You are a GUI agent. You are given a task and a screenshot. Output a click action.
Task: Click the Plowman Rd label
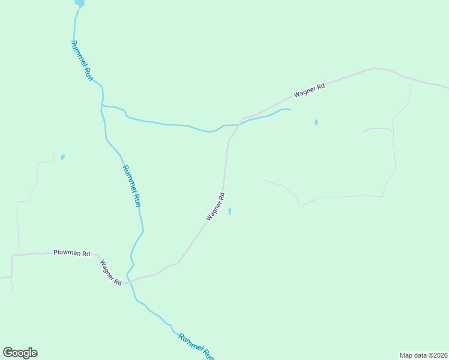pyautogui.click(x=71, y=254)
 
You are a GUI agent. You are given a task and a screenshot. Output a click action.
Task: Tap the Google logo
pyautogui.click(x=20, y=353)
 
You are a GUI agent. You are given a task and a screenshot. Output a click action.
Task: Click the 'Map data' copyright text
pyautogui.click(x=423, y=355)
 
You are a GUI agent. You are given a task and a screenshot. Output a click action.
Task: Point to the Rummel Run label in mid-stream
pyautogui.click(x=132, y=186)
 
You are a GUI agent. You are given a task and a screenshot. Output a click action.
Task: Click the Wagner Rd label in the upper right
pyautogui.click(x=309, y=91)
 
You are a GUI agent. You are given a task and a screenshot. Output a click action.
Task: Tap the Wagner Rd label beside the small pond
pyautogui.click(x=215, y=206)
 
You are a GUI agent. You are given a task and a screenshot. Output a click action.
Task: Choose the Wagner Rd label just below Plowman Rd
pyautogui.click(x=111, y=272)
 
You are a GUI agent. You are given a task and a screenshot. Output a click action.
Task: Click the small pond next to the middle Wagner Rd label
pyautogui.click(x=229, y=211)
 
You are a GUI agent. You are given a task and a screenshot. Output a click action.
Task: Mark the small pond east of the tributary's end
pyautogui.click(x=316, y=122)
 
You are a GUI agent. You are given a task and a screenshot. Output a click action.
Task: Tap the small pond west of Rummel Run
pyautogui.click(x=62, y=157)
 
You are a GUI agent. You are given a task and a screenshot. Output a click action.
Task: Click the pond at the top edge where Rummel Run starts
pyautogui.click(x=79, y=2)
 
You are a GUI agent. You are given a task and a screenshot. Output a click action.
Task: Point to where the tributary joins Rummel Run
pyautogui.click(x=103, y=106)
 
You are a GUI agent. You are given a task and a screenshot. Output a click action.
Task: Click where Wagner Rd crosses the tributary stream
pyautogui.click(x=240, y=122)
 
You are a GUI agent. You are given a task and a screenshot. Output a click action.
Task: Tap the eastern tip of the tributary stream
pyautogui.click(x=291, y=110)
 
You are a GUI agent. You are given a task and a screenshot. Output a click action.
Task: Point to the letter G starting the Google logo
pyautogui.click(x=8, y=352)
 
